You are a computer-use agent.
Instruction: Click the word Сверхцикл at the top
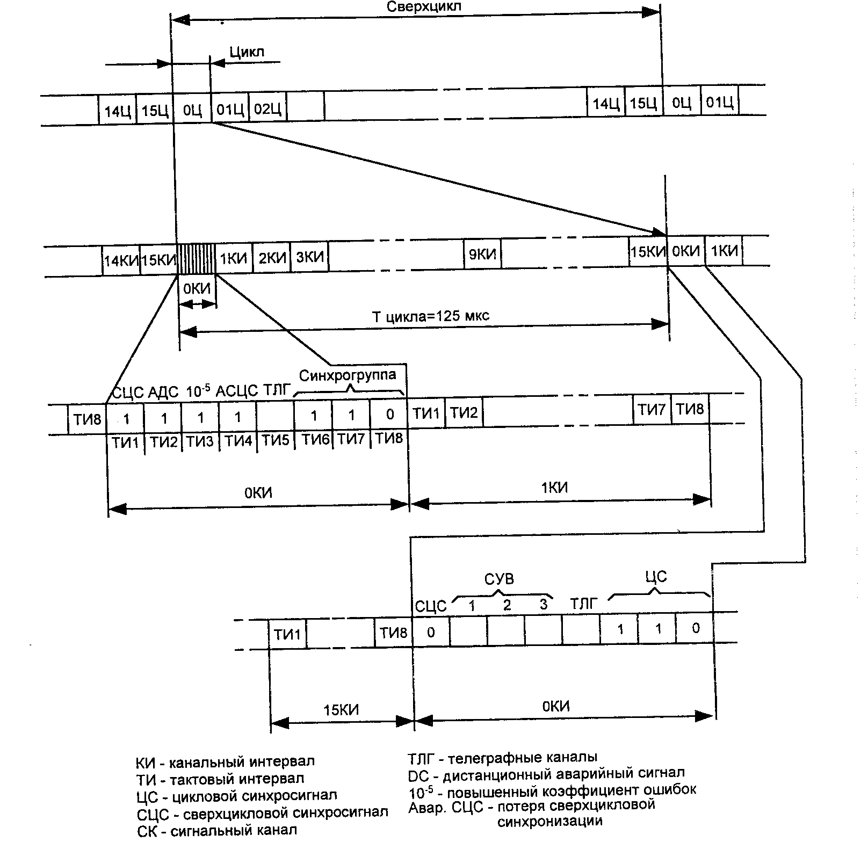click(423, 7)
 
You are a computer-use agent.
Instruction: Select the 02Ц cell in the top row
click(267, 109)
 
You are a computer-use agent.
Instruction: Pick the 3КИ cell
click(310, 257)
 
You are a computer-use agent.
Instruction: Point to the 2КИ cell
click(272, 258)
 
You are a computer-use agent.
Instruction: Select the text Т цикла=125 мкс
click(431, 316)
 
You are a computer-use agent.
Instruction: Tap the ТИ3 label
click(201, 441)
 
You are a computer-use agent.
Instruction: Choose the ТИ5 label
click(276, 441)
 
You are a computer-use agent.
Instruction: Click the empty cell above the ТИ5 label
click(276, 417)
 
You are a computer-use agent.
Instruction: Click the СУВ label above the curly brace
click(499, 579)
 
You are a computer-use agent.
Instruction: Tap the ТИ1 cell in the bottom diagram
click(287, 634)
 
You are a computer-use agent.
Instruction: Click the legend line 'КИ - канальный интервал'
click(225, 761)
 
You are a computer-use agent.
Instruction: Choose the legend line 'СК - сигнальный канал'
click(216, 830)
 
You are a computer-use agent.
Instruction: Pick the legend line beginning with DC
click(546, 773)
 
